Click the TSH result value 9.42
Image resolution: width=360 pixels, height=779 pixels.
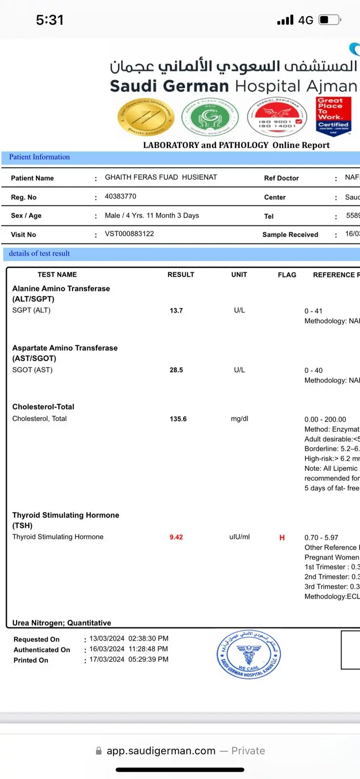(176, 537)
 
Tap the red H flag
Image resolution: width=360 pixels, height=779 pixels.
(282, 538)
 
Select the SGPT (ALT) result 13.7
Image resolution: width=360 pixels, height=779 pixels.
(176, 311)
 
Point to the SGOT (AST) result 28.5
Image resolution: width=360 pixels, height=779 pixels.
(176, 370)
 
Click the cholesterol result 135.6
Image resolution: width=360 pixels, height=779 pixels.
(178, 419)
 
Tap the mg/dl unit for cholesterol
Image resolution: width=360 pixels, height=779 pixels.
(239, 419)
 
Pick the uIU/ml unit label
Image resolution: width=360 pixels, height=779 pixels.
(239, 537)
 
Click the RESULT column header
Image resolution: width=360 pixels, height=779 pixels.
(181, 275)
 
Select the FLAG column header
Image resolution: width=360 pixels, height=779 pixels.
(287, 275)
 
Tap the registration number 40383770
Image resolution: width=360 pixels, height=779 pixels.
(120, 196)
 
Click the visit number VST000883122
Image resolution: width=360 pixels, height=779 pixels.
(129, 234)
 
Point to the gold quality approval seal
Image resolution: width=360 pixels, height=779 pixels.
(146, 117)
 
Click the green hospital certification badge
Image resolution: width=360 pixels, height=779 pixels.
(210, 117)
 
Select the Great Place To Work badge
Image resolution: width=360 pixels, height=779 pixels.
(333, 116)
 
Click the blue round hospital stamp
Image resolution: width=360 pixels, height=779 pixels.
(248, 654)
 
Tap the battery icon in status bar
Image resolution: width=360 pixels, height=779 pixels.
(330, 20)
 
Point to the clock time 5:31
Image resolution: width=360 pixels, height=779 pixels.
(50, 20)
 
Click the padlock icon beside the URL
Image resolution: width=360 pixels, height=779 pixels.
(99, 751)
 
